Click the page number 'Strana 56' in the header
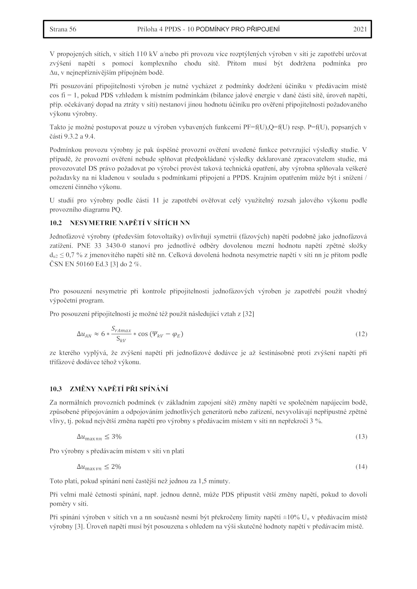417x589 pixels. point(63,29)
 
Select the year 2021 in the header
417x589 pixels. point(360,29)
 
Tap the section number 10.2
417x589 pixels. point(56,223)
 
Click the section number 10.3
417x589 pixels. point(56,389)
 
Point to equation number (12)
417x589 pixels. point(361,334)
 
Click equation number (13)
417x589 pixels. point(361,437)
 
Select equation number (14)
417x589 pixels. point(361,467)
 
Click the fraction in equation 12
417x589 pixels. point(121,334)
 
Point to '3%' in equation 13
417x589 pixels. point(116,437)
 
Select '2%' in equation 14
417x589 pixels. point(116,467)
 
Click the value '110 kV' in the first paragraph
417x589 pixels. point(145,54)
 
